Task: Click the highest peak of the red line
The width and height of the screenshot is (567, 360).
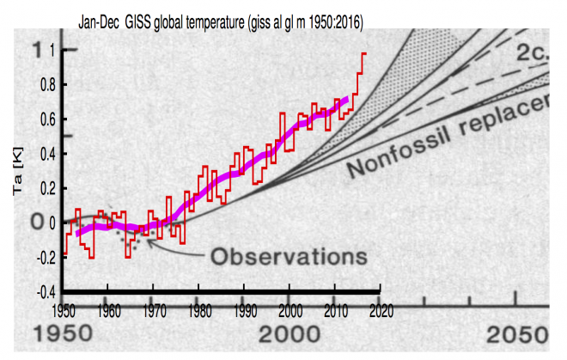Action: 363,53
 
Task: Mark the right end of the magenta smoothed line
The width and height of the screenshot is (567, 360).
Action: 347,100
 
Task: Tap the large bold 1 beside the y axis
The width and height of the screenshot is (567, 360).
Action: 35,51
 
